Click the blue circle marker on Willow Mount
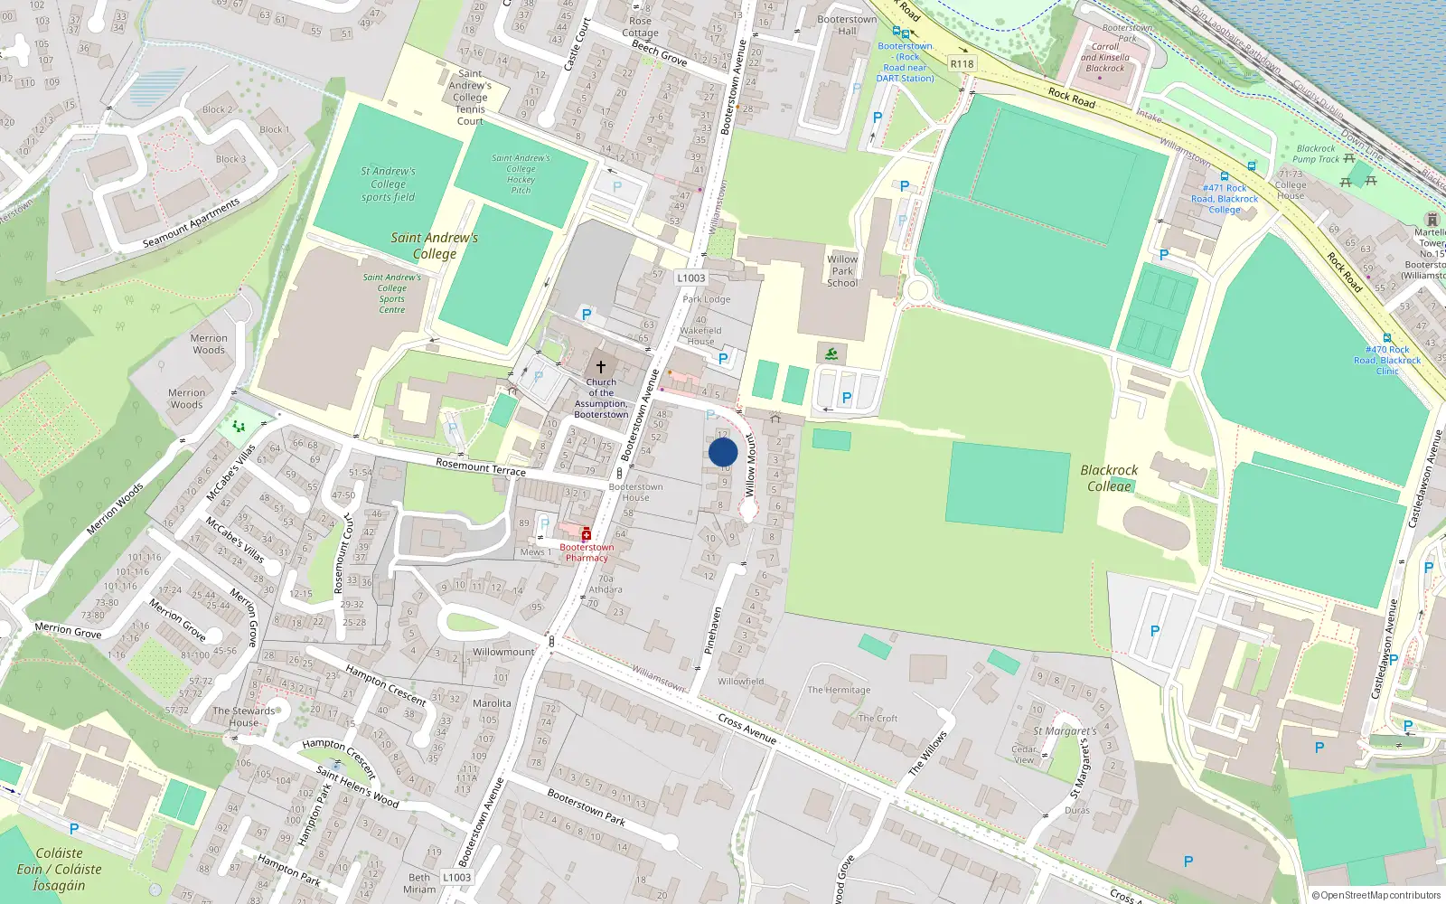723,452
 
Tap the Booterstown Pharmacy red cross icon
586,535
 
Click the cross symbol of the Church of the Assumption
600,367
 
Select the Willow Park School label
842,271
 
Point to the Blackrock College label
1109,478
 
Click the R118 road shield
962,63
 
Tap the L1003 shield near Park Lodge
690,278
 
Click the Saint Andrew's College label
434,246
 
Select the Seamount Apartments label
192,223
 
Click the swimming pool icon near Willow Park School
831,353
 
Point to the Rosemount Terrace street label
481,466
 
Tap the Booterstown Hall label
847,24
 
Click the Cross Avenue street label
747,729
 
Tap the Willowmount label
503,652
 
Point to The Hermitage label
839,690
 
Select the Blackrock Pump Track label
1316,154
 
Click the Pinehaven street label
713,630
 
